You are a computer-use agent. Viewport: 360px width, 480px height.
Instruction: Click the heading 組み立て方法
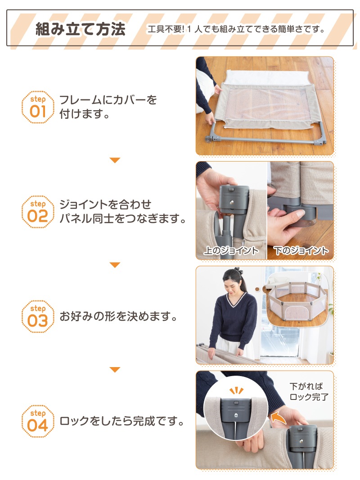click(x=81, y=29)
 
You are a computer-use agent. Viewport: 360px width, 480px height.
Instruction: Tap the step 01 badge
click(x=38, y=107)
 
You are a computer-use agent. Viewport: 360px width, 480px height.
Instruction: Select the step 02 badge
click(x=38, y=212)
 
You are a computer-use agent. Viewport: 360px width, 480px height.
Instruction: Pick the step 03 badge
click(x=38, y=317)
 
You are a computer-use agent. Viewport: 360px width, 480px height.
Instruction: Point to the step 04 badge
click(x=38, y=421)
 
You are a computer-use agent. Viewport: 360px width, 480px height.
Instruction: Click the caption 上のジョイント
click(x=231, y=251)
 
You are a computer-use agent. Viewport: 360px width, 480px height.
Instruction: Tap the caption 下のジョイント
click(x=301, y=251)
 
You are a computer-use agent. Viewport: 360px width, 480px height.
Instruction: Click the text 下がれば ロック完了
click(x=309, y=391)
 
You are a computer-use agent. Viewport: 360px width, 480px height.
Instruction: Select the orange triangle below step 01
click(x=115, y=160)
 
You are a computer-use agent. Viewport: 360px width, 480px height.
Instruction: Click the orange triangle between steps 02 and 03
click(x=115, y=265)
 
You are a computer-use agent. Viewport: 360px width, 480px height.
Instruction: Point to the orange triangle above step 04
click(x=115, y=369)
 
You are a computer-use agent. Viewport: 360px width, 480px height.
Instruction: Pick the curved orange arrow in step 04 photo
click(x=278, y=418)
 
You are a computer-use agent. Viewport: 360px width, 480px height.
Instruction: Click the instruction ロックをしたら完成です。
click(x=122, y=421)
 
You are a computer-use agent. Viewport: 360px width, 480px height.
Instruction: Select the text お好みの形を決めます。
click(x=118, y=316)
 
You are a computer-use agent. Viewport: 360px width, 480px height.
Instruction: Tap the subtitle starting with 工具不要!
click(x=236, y=29)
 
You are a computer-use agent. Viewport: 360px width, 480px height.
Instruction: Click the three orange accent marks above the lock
click(x=236, y=390)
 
